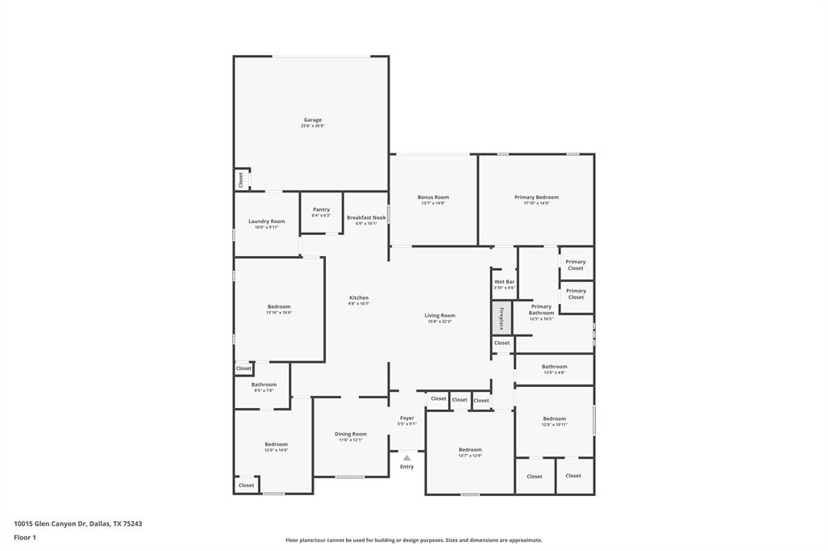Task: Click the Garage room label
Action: [x=312, y=120]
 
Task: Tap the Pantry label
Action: [x=321, y=210]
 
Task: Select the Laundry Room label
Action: [x=266, y=221]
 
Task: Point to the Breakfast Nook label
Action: [x=366, y=217]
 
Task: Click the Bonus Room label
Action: [x=433, y=197]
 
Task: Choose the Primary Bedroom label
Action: [x=536, y=197]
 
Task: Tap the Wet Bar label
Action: [x=504, y=282]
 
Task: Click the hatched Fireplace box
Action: [x=501, y=318]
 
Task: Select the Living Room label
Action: [x=440, y=316]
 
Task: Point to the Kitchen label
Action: [x=358, y=298]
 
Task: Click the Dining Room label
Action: [x=350, y=434]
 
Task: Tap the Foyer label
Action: [x=407, y=419]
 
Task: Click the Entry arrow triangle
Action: [x=407, y=457]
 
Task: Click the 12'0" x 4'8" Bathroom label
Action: [x=554, y=367]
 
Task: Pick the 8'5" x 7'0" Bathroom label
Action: [x=264, y=385]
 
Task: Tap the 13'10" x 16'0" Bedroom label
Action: [x=279, y=307]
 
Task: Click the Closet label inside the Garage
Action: [x=240, y=179]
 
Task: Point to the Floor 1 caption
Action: [x=26, y=537]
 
